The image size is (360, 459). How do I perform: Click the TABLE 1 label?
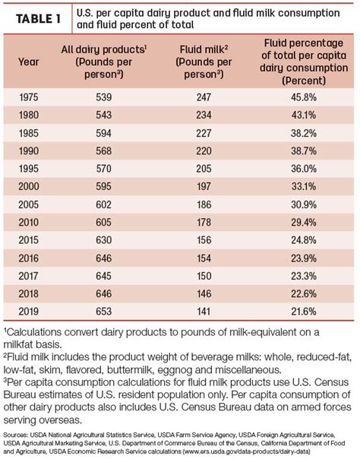[38, 19]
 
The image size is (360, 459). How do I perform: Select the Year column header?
[29, 62]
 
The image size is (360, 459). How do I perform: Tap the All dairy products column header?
[104, 62]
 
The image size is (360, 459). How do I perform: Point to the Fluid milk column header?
[204, 62]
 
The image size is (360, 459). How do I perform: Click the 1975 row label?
[29, 97]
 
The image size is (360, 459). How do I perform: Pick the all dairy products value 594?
[104, 133]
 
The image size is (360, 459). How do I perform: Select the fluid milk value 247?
[204, 97]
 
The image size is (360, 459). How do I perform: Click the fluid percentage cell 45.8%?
[304, 97]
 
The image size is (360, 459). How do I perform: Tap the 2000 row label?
[29, 186]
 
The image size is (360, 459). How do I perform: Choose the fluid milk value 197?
[204, 186]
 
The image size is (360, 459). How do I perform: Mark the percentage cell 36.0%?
[304, 169]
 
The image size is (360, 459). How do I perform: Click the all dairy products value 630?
[104, 240]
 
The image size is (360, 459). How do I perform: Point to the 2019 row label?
[29, 311]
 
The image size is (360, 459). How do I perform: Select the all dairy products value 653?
[104, 311]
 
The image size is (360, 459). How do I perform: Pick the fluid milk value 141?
[204, 311]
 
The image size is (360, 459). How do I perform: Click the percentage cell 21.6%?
[304, 311]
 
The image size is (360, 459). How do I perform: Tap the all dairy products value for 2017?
[104, 276]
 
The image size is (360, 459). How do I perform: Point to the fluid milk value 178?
[204, 222]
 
